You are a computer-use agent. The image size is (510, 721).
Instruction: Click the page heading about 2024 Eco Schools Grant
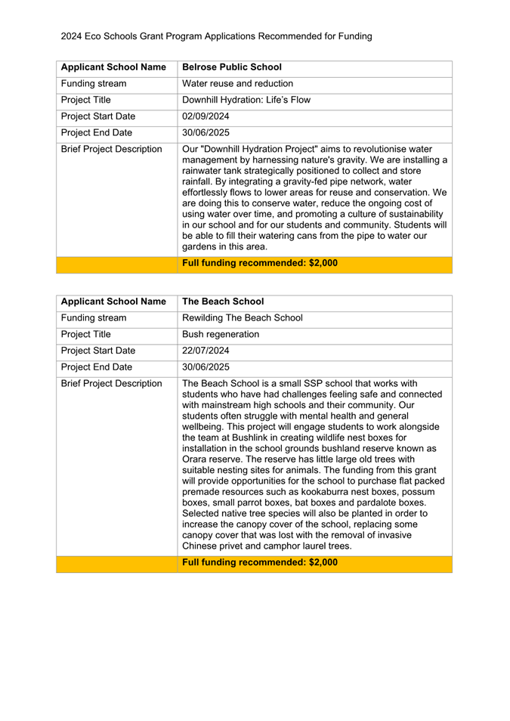tap(216, 36)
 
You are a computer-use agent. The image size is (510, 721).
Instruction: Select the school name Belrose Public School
tap(232, 67)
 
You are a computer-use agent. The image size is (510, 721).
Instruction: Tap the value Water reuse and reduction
tap(237, 84)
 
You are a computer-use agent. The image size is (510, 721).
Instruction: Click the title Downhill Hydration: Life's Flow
tap(246, 100)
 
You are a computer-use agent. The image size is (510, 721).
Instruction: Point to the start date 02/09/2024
tap(206, 116)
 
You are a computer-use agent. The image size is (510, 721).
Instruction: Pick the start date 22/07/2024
tap(206, 350)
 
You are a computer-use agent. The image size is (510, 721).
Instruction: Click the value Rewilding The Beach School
tap(243, 317)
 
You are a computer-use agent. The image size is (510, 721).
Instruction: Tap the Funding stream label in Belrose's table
tap(94, 84)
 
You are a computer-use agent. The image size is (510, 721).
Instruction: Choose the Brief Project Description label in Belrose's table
tap(111, 149)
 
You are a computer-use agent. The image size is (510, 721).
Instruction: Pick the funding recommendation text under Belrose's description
tap(260, 264)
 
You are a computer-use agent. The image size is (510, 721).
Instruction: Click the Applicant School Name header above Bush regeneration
tap(113, 302)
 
